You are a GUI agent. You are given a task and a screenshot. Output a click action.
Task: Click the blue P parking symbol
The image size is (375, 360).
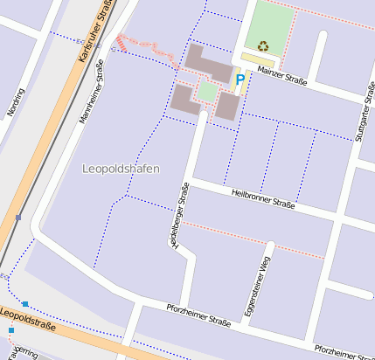pyautogui.click(x=240, y=80)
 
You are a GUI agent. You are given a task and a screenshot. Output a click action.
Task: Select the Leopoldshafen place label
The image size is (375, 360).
pyautogui.click(x=120, y=168)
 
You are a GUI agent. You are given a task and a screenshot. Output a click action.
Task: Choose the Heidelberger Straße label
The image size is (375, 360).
pyautogui.click(x=179, y=215)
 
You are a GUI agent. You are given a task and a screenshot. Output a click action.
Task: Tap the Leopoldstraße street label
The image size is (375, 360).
pyautogui.click(x=28, y=320)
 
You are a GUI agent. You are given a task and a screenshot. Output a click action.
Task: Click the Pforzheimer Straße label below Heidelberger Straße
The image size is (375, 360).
pyautogui.click(x=198, y=315)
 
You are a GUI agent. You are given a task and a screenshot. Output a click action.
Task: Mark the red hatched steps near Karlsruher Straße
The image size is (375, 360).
pyautogui.click(x=122, y=43)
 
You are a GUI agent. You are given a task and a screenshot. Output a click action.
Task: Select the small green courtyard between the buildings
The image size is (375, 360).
pyautogui.click(x=207, y=90)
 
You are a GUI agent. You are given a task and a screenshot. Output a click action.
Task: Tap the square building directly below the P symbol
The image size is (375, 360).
pyautogui.click(x=227, y=107)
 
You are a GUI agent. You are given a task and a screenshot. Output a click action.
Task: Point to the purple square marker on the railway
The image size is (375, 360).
pyautogui.click(x=18, y=218)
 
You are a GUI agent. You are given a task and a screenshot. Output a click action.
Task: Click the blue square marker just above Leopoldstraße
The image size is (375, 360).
pyautogui.click(x=25, y=303)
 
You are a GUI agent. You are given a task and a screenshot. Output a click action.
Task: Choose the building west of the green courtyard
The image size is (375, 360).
pyautogui.click(x=184, y=98)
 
